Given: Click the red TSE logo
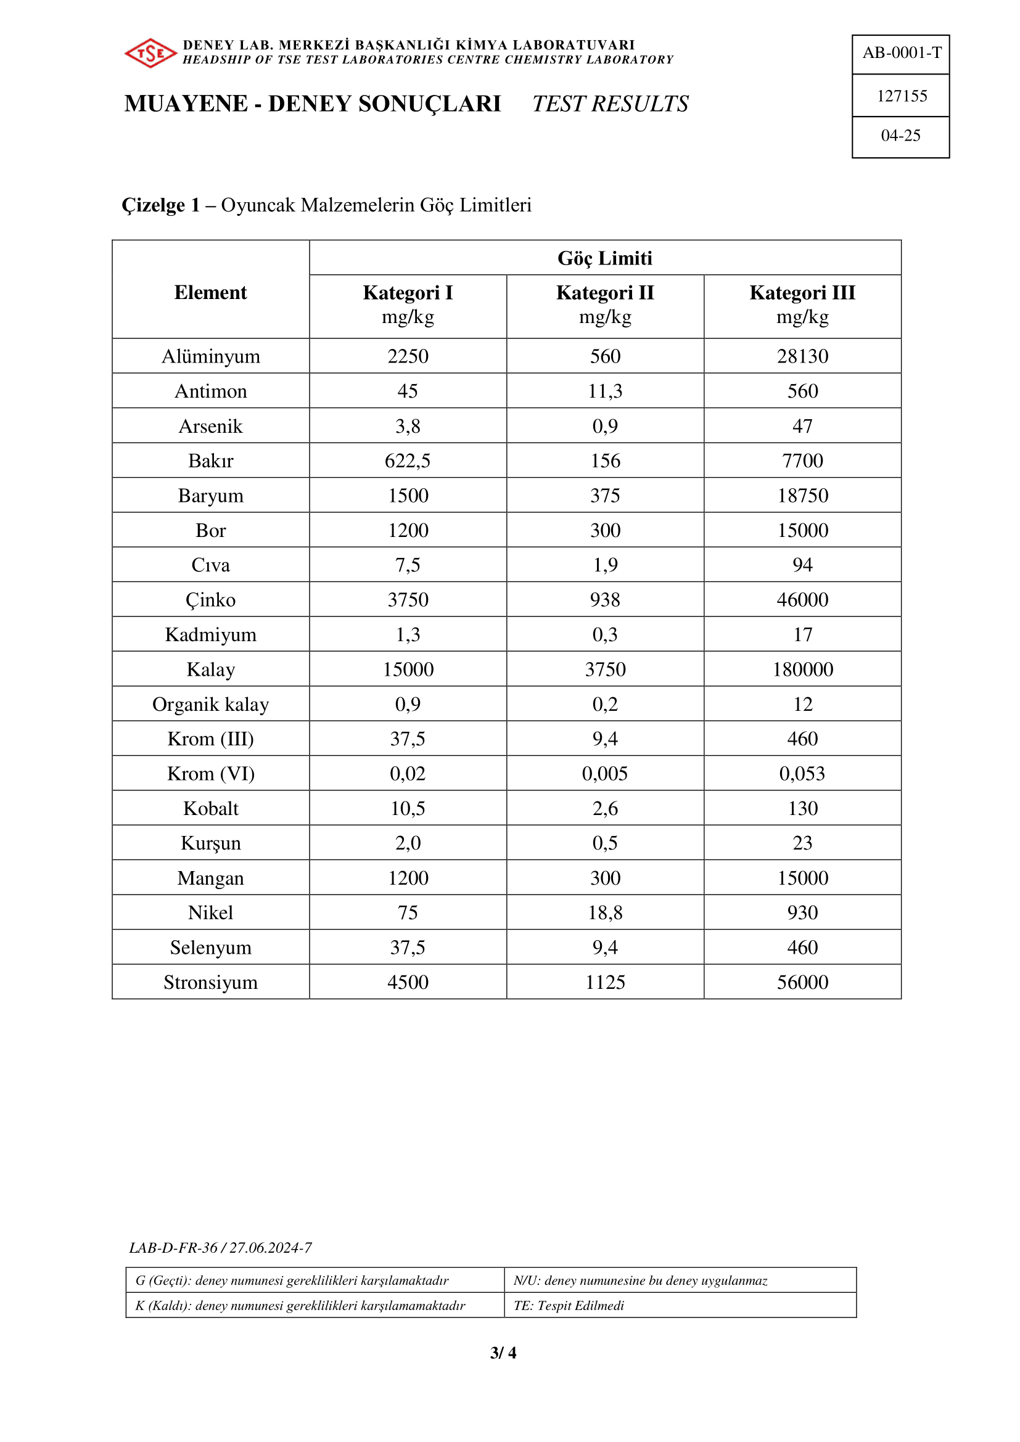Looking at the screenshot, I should [x=150, y=53].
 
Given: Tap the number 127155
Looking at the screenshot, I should [x=902, y=96].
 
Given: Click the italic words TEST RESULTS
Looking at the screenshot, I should [x=610, y=104].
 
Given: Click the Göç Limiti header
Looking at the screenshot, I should [x=605, y=258].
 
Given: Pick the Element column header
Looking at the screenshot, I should [x=210, y=293].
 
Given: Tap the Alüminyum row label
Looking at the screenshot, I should [x=210, y=357].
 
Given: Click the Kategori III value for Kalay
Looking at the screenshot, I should [x=802, y=670].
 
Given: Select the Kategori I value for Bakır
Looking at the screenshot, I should [x=408, y=461].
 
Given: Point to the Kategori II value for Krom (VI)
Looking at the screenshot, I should [x=605, y=774].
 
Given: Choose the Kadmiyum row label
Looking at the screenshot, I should [x=210, y=635].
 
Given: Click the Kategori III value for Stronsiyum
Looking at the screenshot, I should [x=802, y=982].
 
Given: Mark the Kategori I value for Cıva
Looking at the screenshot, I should [x=408, y=565].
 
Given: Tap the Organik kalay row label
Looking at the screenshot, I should [x=210, y=705].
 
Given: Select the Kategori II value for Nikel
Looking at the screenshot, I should [x=605, y=912].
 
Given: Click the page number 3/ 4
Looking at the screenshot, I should [x=503, y=1352].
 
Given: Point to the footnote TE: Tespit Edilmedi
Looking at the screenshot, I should [x=569, y=1305].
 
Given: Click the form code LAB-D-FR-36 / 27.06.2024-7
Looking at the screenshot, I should [x=220, y=1248].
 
